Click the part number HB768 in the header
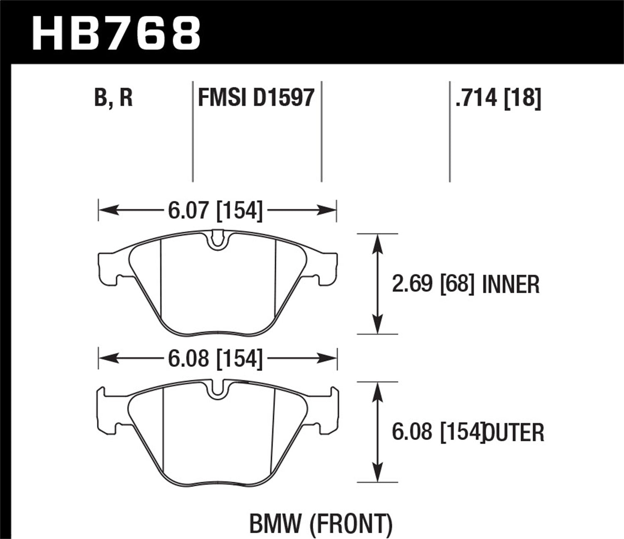(x=116, y=32)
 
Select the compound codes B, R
(x=113, y=98)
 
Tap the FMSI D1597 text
(x=256, y=98)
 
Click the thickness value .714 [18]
(x=498, y=98)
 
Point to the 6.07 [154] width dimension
(x=215, y=210)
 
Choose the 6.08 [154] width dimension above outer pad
(x=215, y=359)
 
